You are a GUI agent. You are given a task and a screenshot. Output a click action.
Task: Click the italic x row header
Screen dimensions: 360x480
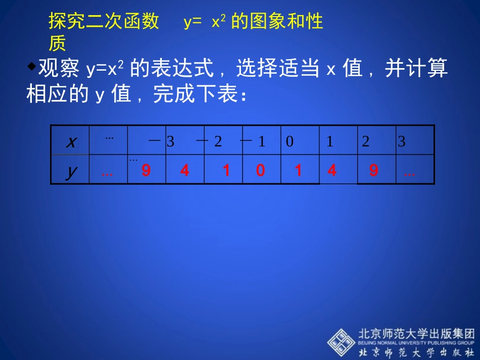(72, 142)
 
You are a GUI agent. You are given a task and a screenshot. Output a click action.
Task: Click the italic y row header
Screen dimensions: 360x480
(71, 171)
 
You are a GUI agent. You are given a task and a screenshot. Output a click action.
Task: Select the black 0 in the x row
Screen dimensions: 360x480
(290, 142)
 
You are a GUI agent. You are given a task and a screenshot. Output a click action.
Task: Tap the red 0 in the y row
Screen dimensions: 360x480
(260, 171)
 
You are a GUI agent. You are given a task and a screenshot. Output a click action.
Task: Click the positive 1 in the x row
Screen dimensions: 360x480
(330, 142)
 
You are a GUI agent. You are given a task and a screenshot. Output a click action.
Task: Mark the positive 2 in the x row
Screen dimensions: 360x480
(366, 142)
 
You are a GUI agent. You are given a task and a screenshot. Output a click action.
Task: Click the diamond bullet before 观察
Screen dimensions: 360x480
(31, 65)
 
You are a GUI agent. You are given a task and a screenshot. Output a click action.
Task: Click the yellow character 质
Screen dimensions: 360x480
(57, 44)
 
